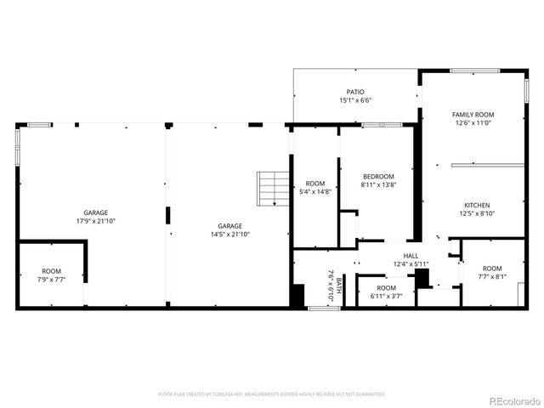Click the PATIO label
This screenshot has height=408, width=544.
(x=355, y=92)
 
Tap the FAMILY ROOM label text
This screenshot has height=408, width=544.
(x=473, y=114)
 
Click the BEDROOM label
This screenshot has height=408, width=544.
(x=378, y=176)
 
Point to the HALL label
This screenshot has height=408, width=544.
(x=411, y=255)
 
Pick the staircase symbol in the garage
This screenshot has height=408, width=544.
(x=271, y=189)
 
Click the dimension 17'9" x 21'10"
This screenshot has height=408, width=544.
(x=95, y=221)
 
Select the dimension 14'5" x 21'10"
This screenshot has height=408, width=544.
(x=230, y=235)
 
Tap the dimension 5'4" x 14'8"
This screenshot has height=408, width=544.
(x=315, y=192)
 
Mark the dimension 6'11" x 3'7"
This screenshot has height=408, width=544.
(x=386, y=296)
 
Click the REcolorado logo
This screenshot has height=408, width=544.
(x=513, y=400)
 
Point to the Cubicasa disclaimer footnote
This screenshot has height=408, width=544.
(x=272, y=394)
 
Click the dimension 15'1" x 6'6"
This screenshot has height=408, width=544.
(x=355, y=100)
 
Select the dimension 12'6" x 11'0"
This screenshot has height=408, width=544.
(x=473, y=122)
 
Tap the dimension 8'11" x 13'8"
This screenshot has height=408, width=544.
(x=378, y=184)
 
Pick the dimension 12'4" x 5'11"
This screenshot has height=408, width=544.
(x=411, y=263)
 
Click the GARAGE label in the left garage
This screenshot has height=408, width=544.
(x=95, y=212)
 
